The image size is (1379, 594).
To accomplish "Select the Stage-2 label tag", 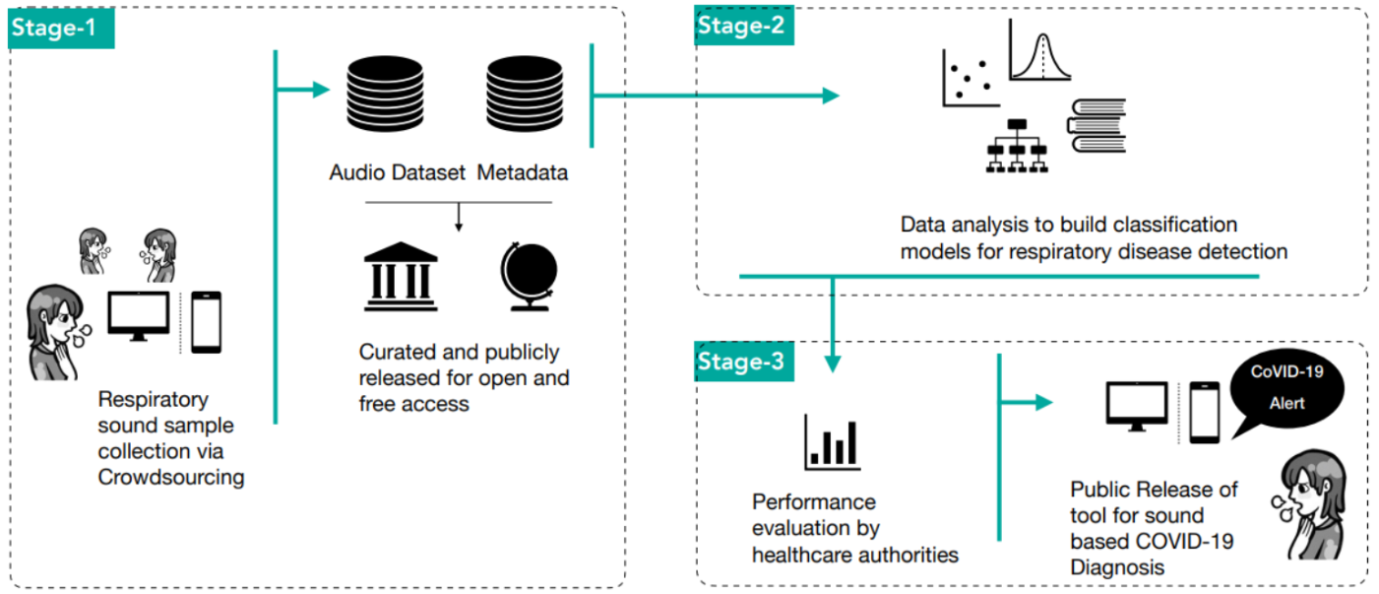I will pyautogui.click(x=741, y=27).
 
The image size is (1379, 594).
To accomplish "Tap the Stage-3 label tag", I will pyautogui.click(x=741, y=363).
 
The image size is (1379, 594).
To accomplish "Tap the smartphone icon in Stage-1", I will pyautogui.click(x=206, y=321).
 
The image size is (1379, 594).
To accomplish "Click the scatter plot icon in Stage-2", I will pyautogui.click(x=971, y=78).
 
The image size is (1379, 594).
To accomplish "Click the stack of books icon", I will pyautogui.click(x=1097, y=126).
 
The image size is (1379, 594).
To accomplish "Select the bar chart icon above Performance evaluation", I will pyautogui.click(x=831, y=440).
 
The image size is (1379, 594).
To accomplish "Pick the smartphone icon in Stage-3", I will pyautogui.click(x=1204, y=412).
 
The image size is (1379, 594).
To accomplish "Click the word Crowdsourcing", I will pyautogui.click(x=170, y=478).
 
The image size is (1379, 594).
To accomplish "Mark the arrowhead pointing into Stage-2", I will pyautogui.click(x=831, y=96).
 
